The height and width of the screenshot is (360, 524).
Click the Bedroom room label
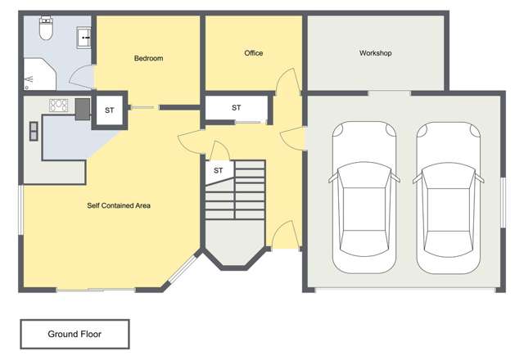click(x=149, y=58)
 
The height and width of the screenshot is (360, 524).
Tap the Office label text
click(x=254, y=53)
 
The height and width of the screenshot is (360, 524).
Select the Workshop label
click(x=376, y=53)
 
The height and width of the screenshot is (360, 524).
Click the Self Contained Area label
click(x=119, y=205)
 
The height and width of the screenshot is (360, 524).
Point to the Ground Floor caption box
click(x=75, y=334)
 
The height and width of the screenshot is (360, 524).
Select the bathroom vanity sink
click(x=84, y=37)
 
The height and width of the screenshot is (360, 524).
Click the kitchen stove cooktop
click(x=59, y=105)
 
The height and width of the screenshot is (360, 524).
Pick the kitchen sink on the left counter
click(x=34, y=131)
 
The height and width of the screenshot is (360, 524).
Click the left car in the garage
click(x=363, y=197)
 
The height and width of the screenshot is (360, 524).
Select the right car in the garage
click(x=448, y=197)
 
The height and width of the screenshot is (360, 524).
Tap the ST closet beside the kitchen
click(x=109, y=110)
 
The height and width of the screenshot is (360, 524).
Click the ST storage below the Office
click(x=236, y=108)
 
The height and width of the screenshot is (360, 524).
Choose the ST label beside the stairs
click(x=219, y=170)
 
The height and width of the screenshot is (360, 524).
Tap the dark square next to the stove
click(x=83, y=109)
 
